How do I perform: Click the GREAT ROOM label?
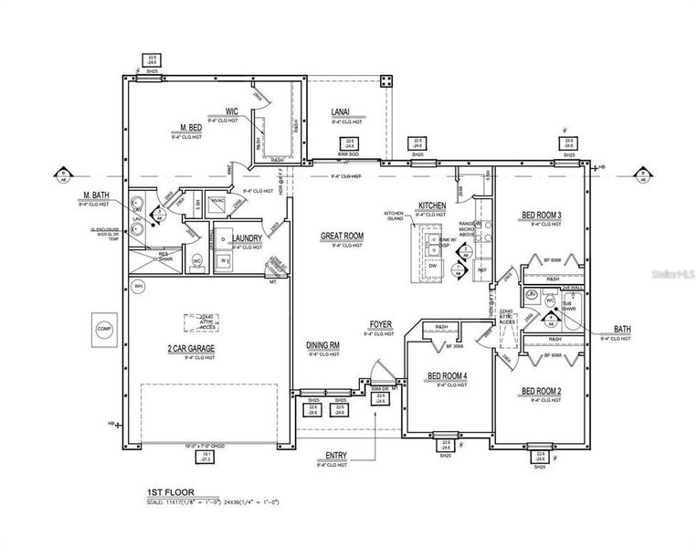[x=342, y=236]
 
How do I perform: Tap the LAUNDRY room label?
[x=247, y=238]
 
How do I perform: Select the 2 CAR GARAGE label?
[x=190, y=349]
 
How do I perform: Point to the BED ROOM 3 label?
[x=541, y=216]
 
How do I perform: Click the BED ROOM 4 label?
[x=448, y=376]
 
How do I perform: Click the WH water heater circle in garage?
[x=139, y=286]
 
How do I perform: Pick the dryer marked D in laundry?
[x=223, y=240]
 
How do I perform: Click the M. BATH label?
[x=97, y=195]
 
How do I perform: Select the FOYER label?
[x=381, y=325]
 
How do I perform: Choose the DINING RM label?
[x=322, y=345]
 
